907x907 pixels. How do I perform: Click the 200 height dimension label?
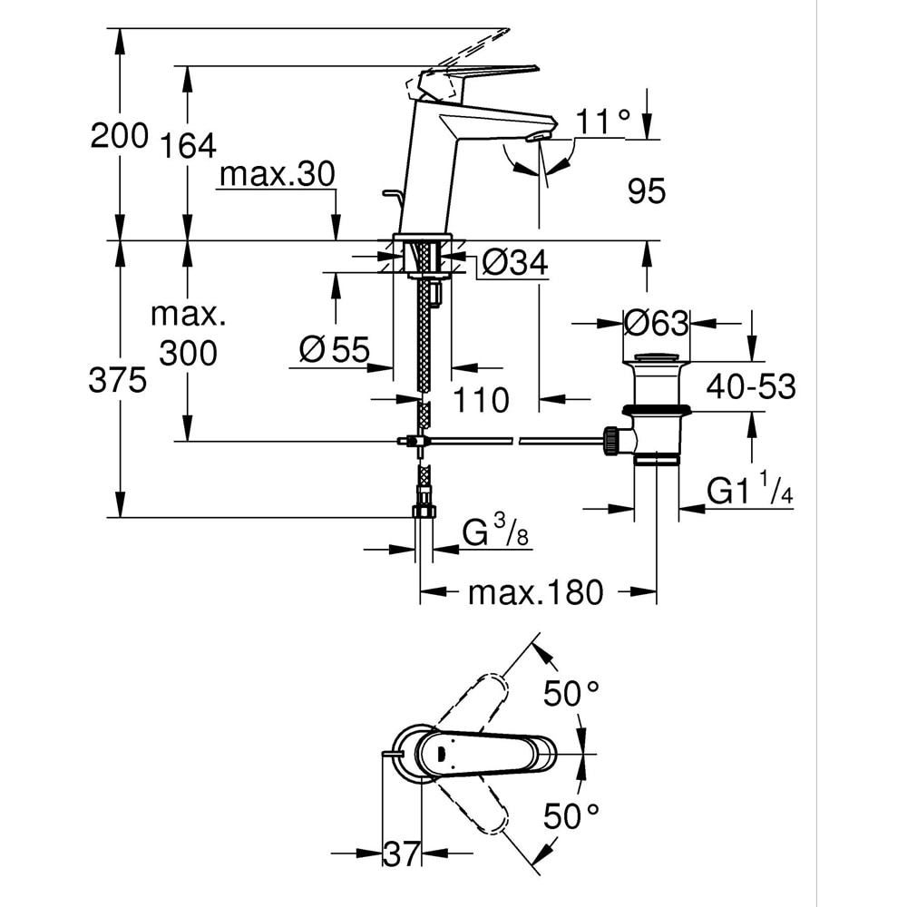[119, 136]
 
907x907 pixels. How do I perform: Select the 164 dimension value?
[188, 145]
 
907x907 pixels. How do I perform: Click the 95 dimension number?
[646, 190]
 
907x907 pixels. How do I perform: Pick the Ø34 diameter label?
[514, 264]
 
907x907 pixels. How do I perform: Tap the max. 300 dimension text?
[188, 334]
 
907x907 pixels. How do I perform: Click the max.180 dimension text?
[535, 593]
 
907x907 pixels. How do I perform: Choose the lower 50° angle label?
[571, 816]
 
